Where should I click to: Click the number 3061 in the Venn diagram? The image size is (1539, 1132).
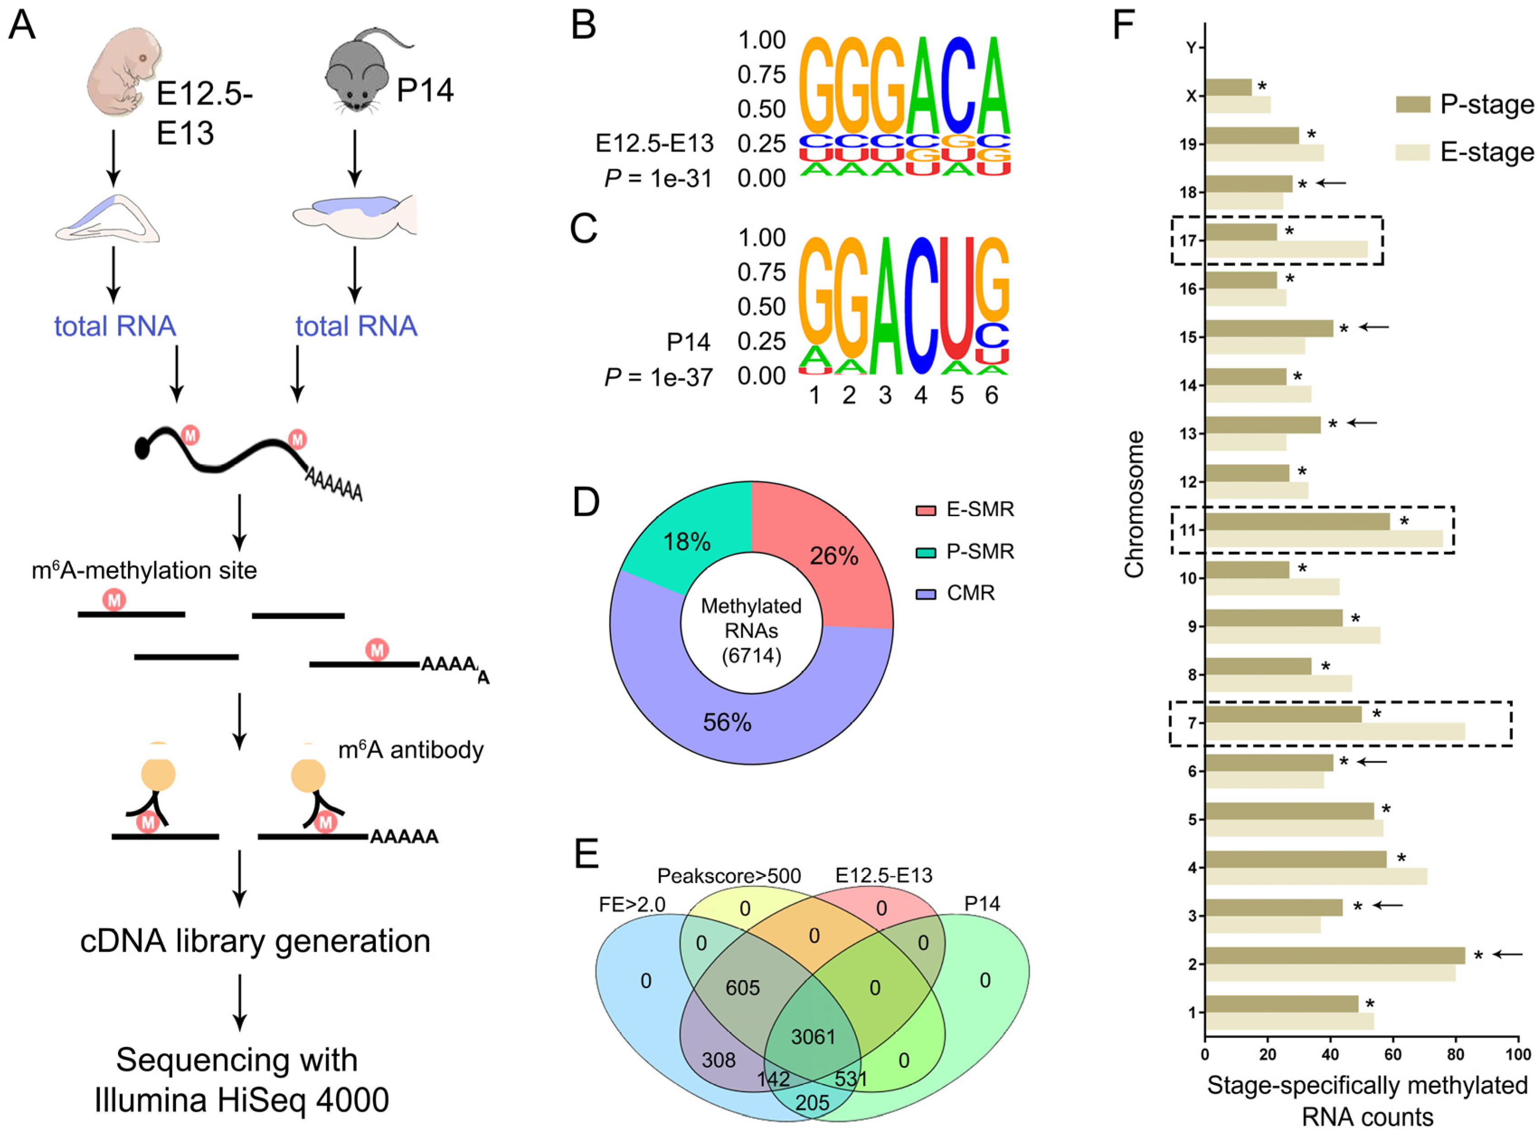(813, 1037)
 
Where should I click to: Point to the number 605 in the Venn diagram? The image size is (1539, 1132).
(743, 987)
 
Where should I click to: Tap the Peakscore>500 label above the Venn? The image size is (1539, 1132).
(729, 876)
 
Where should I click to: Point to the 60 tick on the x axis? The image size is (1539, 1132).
(1393, 1054)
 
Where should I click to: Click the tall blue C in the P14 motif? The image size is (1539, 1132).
(920, 305)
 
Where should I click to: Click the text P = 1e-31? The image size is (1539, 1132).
(658, 179)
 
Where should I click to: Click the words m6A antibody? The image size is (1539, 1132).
(411, 750)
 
